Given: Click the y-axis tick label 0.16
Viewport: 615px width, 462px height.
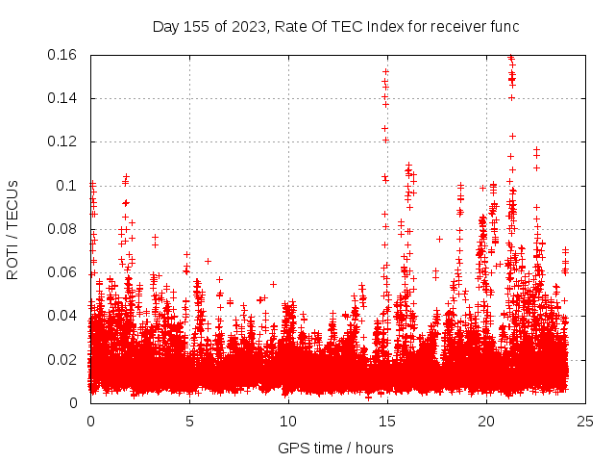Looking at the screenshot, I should click(x=63, y=55).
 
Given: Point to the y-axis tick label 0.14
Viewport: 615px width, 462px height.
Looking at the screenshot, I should click(x=63, y=98).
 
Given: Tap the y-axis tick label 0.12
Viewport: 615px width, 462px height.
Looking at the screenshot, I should click(x=63, y=141).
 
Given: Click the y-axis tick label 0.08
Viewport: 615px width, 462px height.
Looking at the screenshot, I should click(x=63, y=229).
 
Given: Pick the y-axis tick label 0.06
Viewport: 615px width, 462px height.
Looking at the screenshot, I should click(x=63, y=272).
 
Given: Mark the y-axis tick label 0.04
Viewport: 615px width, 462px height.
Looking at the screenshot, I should click(x=63, y=316).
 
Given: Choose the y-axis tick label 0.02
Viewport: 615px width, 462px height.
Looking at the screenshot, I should click(x=63, y=359).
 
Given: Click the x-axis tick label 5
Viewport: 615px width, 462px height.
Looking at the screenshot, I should click(x=189, y=422).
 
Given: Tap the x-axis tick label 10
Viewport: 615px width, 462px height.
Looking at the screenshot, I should click(x=287, y=422).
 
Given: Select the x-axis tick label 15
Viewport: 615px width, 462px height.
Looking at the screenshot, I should click(x=386, y=422).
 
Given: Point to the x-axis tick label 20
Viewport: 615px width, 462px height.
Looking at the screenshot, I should click(x=485, y=422).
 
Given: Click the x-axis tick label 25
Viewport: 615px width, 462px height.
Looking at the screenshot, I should click(x=584, y=422).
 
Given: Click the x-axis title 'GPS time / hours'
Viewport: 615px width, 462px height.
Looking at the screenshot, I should click(x=336, y=448).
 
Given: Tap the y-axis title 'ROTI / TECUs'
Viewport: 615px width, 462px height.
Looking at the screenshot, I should click(x=12, y=229).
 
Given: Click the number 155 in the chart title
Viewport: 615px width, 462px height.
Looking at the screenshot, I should click(x=196, y=26).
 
